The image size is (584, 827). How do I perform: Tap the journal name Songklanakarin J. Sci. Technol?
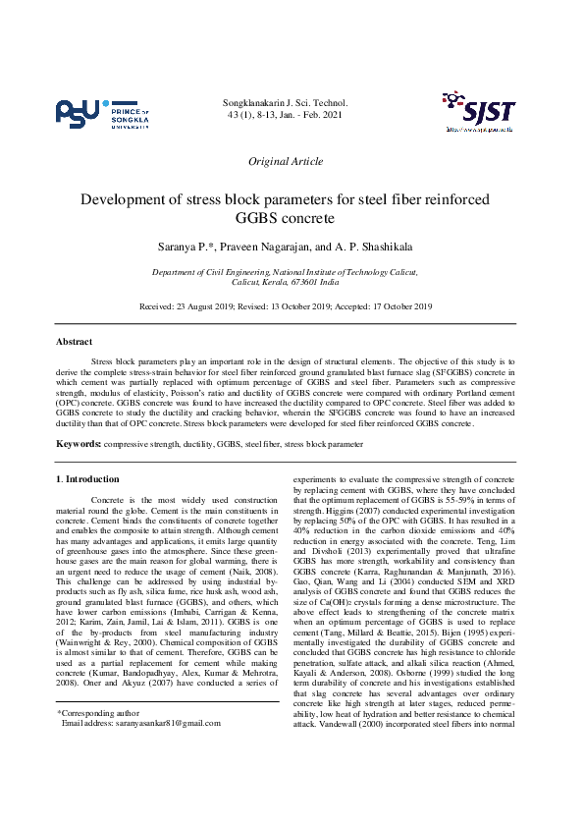click(x=285, y=102)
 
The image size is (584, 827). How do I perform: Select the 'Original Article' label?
click(x=286, y=161)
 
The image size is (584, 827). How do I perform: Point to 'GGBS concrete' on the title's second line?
click(x=286, y=218)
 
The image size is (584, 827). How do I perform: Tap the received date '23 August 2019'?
click(x=209, y=306)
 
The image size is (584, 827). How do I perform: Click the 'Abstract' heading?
click(x=75, y=342)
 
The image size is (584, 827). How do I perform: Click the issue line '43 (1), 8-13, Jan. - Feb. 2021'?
click(x=285, y=116)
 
